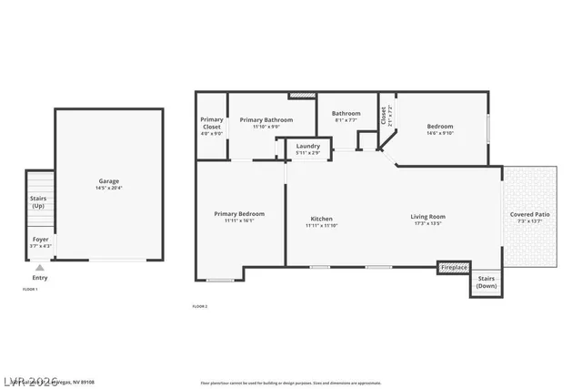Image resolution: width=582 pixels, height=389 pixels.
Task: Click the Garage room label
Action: [x=109, y=181]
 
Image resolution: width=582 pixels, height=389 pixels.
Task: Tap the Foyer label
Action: [x=41, y=239]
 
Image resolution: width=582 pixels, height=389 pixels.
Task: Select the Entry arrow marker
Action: [x=39, y=268]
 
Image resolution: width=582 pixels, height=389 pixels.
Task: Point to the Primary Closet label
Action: [x=211, y=122]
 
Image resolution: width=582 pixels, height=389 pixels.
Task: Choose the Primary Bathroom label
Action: [x=266, y=119]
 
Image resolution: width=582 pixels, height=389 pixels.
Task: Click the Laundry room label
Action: [x=307, y=146]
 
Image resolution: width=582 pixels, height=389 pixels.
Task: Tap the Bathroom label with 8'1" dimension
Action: [x=346, y=113]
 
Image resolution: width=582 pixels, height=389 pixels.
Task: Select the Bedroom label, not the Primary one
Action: [x=440, y=127]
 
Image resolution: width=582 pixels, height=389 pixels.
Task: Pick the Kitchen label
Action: [x=321, y=219]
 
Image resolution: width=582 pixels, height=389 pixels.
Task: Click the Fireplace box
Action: [x=453, y=267]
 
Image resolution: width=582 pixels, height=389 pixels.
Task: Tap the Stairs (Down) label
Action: [x=487, y=282]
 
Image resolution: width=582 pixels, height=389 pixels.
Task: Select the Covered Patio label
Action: [x=528, y=214]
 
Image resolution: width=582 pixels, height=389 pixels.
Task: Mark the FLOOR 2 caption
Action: [x=200, y=306]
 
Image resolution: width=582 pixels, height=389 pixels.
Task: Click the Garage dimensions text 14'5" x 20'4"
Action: [x=109, y=188]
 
